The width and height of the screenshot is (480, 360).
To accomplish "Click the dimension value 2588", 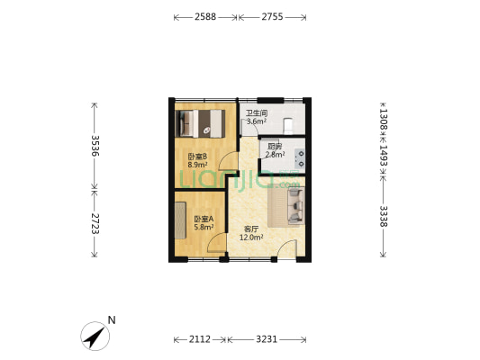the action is pos(205,17).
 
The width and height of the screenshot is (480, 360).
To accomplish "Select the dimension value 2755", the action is pos(272,17).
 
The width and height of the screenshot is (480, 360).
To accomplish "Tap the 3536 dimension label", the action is pos(95,146).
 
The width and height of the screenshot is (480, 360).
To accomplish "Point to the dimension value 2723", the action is pos(95,223).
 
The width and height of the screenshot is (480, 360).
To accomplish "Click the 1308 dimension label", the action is pos(384,120).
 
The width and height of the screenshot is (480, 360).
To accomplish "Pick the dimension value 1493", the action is pos(384,156).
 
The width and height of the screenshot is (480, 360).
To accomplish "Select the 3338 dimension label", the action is pos(384,217).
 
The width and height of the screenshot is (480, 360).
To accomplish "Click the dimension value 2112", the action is pos(200,339).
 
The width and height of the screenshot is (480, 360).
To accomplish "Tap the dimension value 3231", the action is pos(267,339).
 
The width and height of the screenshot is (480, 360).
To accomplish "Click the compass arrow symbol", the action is pos(95,336).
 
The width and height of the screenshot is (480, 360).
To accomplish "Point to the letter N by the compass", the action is pos(112,320).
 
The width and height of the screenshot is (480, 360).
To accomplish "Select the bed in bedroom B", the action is pos(200,123).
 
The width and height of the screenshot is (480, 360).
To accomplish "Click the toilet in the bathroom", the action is pos(289,126).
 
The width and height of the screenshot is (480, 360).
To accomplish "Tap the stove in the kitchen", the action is pos(300,158).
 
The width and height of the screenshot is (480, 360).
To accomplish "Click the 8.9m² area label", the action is pos(197,166).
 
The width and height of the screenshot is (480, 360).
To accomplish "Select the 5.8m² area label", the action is pos(204,228).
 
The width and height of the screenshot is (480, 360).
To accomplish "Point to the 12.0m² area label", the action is pos(251,238).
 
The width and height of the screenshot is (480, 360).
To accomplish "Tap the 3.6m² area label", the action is pos(257,121).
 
